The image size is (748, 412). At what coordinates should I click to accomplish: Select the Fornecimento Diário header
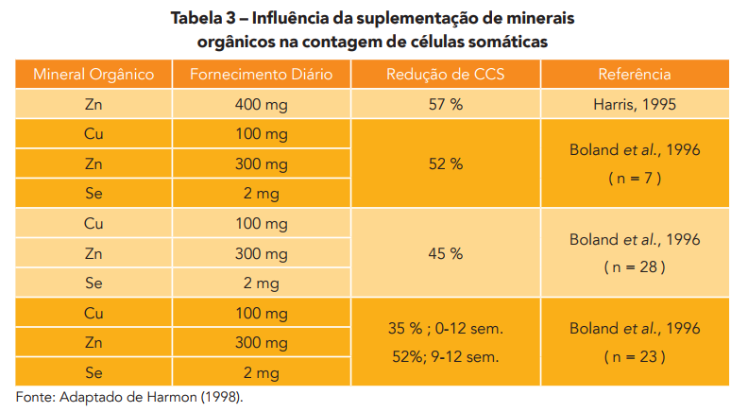point(261,74)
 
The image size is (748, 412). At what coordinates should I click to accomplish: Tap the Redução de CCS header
point(445,74)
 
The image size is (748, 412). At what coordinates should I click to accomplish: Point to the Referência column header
point(634,74)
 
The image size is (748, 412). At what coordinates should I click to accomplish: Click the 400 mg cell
point(261,104)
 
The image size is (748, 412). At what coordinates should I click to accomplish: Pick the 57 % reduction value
point(445,104)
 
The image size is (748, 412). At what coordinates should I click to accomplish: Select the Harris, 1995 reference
point(635,104)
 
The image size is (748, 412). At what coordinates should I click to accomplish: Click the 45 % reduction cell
point(445,252)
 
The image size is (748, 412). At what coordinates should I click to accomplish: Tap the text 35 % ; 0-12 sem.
point(445,329)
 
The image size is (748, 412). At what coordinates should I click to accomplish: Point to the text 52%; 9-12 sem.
point(445,357)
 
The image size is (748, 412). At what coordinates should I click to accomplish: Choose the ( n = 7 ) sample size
point(635,179)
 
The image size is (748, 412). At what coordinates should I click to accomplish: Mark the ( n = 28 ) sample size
point(635,267)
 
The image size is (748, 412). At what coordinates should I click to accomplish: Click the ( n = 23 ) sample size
point(635,357)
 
